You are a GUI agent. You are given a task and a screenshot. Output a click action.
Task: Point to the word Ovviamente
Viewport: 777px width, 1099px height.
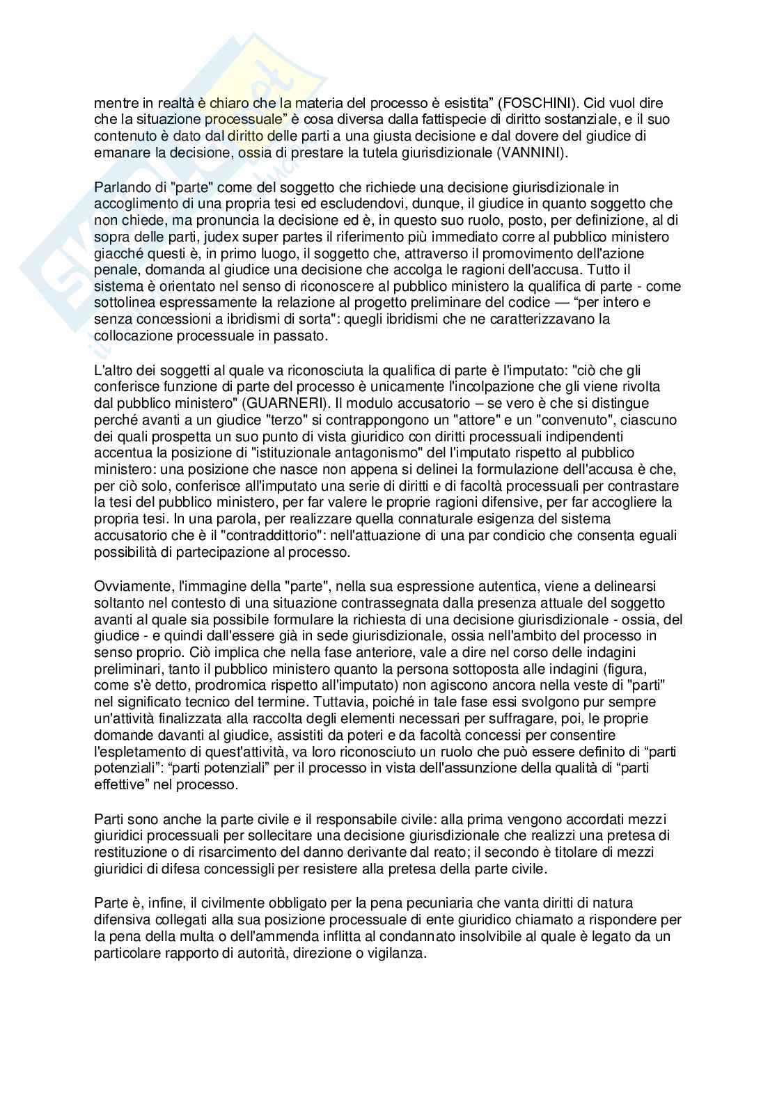[127, 586]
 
